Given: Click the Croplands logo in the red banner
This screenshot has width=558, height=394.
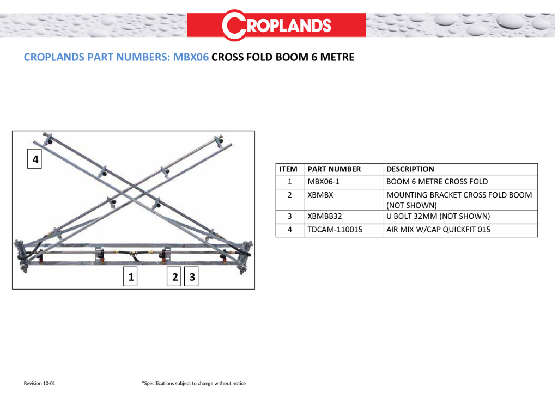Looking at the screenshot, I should pyautogui.click(x=277, y=25).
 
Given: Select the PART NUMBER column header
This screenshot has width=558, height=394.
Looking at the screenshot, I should pyautogui.click(x=334, y=169).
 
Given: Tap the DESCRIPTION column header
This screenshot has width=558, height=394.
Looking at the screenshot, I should pyautogui.click(x=410, y=169).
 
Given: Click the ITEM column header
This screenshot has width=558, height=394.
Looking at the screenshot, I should pyautogui.click(x=288, y=169).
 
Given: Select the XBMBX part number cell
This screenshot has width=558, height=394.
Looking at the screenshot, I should pyautogui.click(x=320, y=194).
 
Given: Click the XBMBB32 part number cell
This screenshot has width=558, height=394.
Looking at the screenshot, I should pyautogui.click(x=324, y=216).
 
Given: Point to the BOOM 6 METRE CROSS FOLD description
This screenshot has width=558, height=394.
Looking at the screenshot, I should pyautogui.click(x=437, y=181).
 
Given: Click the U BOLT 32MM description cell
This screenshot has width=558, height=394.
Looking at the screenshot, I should pyautogui.click(x=438, y=216).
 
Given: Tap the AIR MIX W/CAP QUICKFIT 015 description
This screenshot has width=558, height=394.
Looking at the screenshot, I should pyautogui.click(x=438, y=230).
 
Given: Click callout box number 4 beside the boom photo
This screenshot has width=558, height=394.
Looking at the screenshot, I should pyautogui.click(x=35, y=160).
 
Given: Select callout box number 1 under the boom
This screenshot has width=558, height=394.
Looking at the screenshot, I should pyautogui.click(x=131, y=277).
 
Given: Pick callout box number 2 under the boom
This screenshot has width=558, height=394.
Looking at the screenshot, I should pyautogui.click(x=175, y=277).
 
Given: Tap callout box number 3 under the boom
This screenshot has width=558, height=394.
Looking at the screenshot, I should pyautogui.click(x=192, y=277).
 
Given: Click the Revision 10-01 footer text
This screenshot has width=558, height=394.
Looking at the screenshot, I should pyautogui.click(x=40, y=384).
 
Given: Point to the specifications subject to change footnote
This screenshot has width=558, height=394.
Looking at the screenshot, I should pyautogui.click(x=193, y=384).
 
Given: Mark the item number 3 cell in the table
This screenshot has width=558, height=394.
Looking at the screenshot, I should pyautogui.click(x=290, y=216).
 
